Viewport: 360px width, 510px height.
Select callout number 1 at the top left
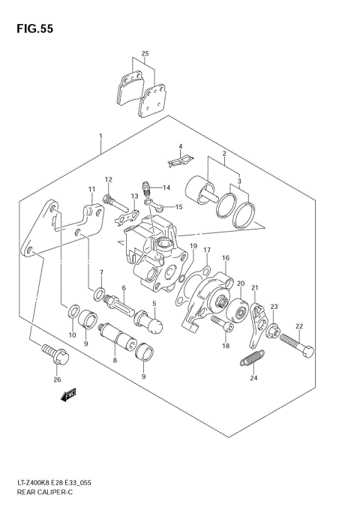[x=100, y=136]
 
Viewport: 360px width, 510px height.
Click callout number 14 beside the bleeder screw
[x=166, y=187]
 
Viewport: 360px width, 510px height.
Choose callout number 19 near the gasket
[x=193, y=246]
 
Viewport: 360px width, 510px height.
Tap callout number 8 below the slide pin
[x=115, y=360]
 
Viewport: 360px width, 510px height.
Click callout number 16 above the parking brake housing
[x=225, y=258]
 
